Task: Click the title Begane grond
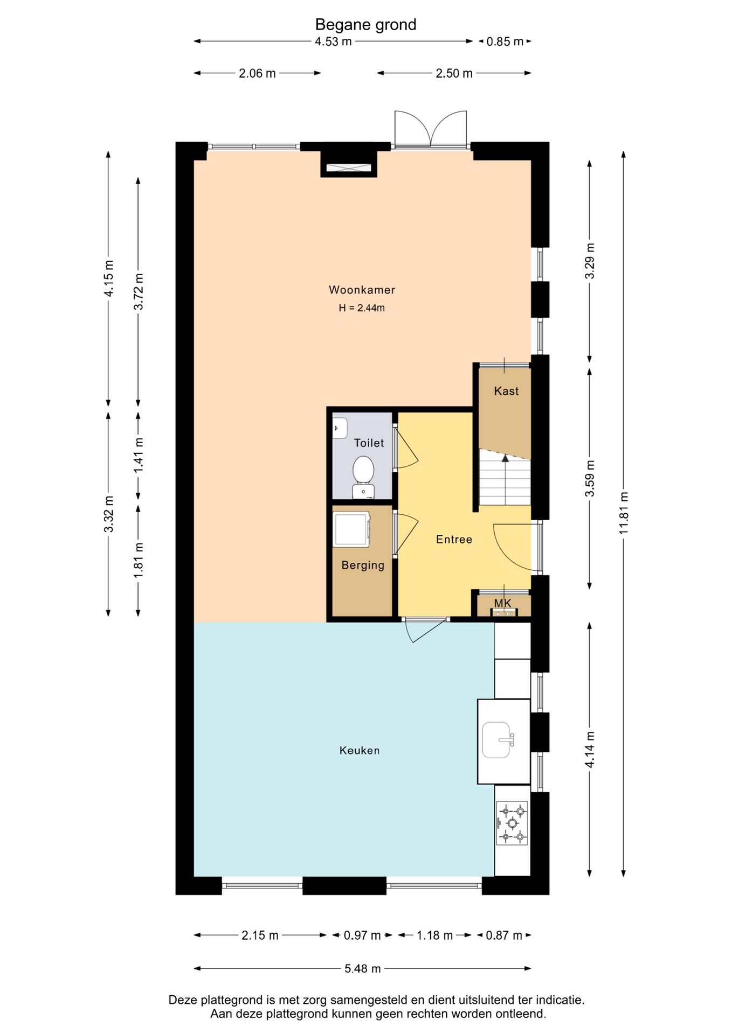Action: point(365,25)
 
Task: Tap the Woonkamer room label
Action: point(362,290)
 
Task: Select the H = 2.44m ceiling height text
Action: point(362,308)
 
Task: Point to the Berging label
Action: point(363,565)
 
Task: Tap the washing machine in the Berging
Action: point(351,529)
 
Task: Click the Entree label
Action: point(454,539)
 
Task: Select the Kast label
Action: point(506,391)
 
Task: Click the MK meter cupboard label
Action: point(502,603)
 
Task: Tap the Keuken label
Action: point(360,750)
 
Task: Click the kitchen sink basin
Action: point(497,739)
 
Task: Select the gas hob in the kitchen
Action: point(512,823)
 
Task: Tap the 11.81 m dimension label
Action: point(624,513)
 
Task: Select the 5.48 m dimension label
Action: point(363,969)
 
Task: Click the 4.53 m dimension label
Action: point(333,41)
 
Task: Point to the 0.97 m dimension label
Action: point(362,935)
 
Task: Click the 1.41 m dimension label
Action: point(139,455)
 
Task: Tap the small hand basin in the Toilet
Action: point(340,428)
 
